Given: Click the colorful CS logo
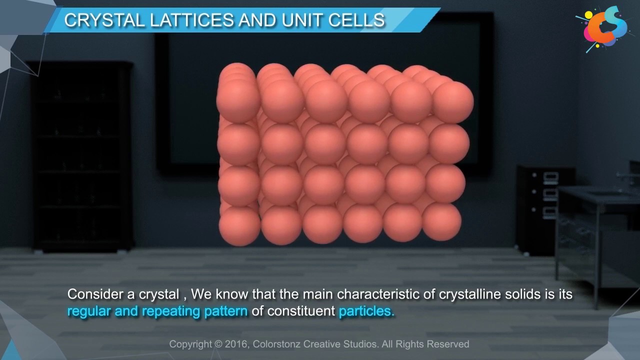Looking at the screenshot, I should tap(605, 28).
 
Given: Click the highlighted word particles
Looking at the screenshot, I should tap(366, 311).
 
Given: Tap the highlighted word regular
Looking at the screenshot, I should tap(88, 311).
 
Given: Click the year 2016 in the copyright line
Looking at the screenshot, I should tap(236, 344).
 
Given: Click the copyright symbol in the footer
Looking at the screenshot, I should tap(218, 344).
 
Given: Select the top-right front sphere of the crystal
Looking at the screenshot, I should tap(452, 101).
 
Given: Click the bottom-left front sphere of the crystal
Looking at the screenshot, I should tap(239, 225).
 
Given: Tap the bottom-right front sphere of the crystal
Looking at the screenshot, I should tap(441, 221).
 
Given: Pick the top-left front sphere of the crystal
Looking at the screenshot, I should tap(238, 101).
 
